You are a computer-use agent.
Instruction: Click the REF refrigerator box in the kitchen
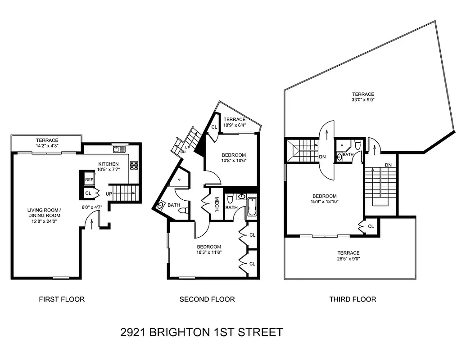89,180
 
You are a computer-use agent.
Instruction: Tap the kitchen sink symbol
118,149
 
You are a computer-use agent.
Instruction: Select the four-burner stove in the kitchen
134,165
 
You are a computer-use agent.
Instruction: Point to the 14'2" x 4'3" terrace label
47,143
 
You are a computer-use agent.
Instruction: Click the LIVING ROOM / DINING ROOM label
44,213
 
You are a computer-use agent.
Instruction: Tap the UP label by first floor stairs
108,193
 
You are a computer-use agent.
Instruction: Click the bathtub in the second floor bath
251,208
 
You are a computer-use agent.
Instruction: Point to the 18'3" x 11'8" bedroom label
209,250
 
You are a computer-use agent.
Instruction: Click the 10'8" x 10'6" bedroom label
234,157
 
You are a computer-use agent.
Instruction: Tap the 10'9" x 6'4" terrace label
235,122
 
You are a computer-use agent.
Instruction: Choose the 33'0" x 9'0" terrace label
363,97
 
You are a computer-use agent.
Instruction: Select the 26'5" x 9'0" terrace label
349,256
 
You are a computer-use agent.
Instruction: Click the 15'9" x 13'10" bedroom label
325,199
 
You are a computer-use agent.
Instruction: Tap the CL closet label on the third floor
371,226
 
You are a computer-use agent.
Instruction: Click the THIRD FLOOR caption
353,299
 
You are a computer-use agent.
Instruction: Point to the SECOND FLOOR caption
207,299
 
